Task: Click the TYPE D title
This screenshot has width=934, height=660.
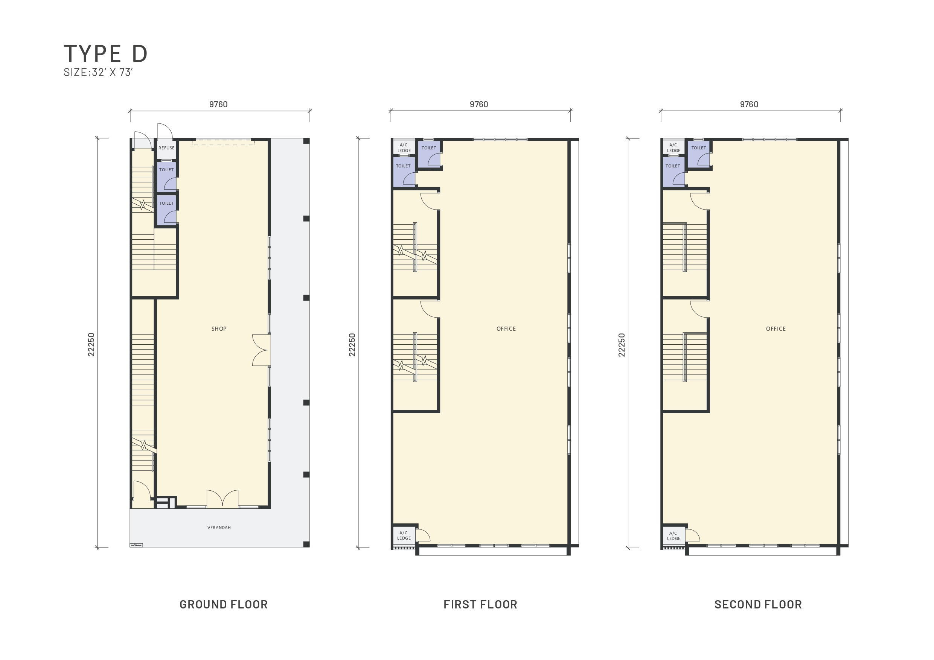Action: click(x=105, y=53)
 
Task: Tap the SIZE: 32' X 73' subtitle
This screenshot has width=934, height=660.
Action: click(x=98, y=72)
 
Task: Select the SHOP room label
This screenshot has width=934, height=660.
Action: click(x=219, y=328)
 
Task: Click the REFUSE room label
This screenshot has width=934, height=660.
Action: click(x=166, y=148)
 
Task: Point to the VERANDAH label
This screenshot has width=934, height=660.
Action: click(x=219, y=528)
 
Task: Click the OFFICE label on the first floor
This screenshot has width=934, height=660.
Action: click(x=506, y=328)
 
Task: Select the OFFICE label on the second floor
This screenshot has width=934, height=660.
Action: click(x=776, y=328)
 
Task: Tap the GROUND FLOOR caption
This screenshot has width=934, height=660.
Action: click(x=224, y=605)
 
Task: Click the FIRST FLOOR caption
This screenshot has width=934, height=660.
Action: click(x=480, y=605)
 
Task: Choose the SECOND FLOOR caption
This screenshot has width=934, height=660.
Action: click(x=758, y=605)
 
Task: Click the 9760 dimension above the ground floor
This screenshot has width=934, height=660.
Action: click(x=218, y=105)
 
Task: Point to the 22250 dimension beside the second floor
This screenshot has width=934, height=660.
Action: click(x=622, y=345)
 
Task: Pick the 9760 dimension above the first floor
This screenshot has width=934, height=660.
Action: click(x=479, y=105)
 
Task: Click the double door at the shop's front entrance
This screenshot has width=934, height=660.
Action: click(x=222, y=499)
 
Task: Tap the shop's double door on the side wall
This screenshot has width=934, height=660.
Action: click(x=261, y=350)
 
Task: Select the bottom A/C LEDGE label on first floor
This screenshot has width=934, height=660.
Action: click(x=404, y=535)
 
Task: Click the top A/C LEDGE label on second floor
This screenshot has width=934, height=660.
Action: click(x=673, y=148)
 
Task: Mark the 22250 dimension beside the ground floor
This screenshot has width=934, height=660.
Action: click(x=91, y=345)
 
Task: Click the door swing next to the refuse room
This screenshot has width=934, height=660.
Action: click(x=165, y=131)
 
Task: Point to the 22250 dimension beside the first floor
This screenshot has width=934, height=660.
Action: click(x=352, y=345)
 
